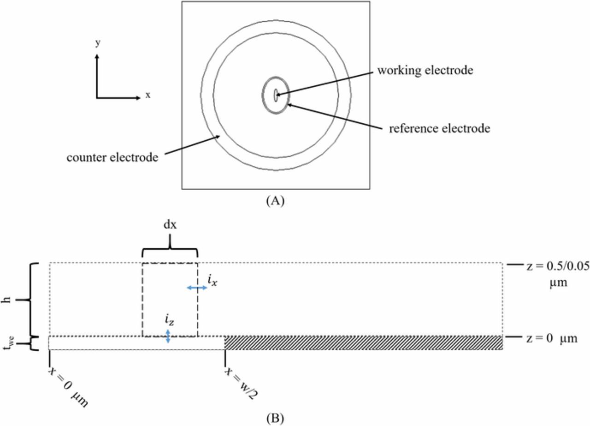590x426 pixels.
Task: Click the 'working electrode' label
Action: click(425, 71)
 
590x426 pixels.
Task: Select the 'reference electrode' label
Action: click(439, 128)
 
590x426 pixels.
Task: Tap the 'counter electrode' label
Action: click(112, 157)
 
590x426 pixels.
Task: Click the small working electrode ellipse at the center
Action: click(276, 95)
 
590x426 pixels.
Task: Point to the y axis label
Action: click(97, 43)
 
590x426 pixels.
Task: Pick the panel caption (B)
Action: click(276, 418)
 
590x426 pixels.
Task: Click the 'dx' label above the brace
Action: click(171, 227)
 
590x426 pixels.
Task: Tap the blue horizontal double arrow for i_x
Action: click(197, 288)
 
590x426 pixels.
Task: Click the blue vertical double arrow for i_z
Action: click(168, 336)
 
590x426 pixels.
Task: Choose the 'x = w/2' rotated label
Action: click(240, 381)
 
